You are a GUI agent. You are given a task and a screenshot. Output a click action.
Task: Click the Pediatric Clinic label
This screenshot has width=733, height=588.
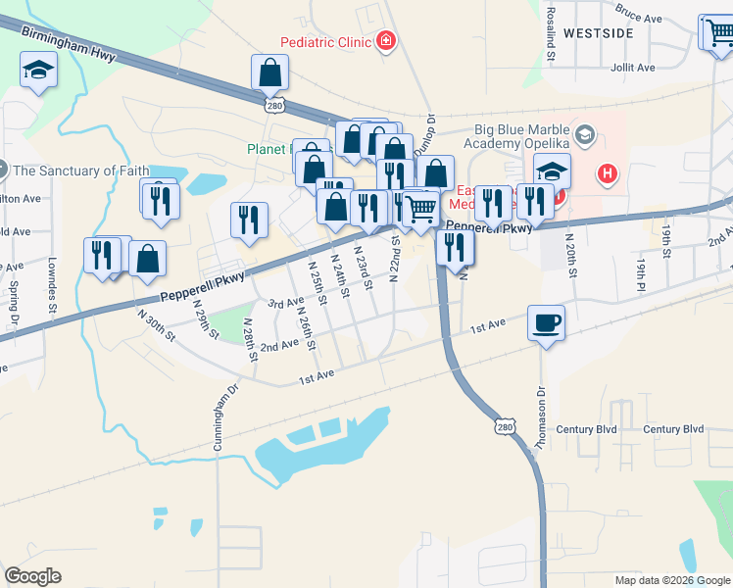tap(325, 42)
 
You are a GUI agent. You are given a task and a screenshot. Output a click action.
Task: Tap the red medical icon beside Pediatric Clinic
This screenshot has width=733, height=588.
tap(386, 41)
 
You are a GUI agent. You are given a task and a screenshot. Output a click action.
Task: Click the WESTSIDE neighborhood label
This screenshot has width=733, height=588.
tap(625, 33)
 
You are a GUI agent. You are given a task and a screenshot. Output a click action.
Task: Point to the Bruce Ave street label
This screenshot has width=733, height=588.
tap(640, 13)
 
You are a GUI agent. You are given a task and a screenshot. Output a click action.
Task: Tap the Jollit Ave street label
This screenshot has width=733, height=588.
tap(633, 68)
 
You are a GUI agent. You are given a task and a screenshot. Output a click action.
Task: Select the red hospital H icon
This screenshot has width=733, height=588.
tap(609, 175)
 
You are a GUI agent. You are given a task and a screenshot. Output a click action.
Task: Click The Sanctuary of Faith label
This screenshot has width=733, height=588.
tap(81, 171)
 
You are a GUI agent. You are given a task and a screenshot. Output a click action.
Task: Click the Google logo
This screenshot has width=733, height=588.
tap(32, 576)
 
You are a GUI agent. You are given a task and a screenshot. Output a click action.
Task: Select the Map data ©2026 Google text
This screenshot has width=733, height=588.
tap(671, 580)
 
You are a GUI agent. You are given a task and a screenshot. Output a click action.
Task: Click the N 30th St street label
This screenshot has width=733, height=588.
tap(155, 326)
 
